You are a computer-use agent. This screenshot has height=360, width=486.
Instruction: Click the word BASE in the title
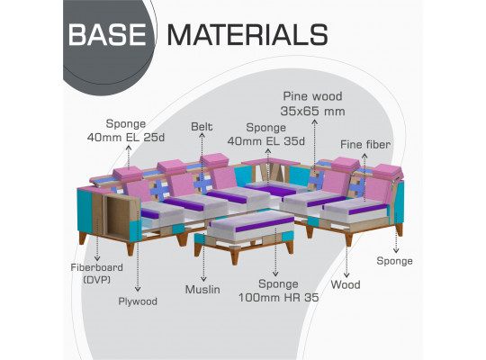[x=107, y=34]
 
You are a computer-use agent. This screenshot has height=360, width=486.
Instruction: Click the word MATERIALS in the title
[x=247, y=34]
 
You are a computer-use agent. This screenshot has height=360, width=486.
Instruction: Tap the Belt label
[x=202, y=127]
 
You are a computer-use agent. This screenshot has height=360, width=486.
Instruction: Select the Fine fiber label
[x=365, y=145]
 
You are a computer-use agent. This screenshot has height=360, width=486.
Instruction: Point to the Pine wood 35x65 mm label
[x=312, y=103]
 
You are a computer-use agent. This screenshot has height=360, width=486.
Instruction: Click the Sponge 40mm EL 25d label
[x=126, y=130]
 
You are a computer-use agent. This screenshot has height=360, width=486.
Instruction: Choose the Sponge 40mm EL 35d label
[x=265, y=134]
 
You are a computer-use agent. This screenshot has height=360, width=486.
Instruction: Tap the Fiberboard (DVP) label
[x=96, y=274]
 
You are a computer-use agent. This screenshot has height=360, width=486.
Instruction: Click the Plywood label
[x=138, y=301]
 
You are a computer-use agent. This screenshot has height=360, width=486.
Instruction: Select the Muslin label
[x=202, y=290]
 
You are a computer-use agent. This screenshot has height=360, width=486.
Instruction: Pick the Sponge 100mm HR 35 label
[x=278, y=291]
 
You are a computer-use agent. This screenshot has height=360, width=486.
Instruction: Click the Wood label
[x=346, y=284]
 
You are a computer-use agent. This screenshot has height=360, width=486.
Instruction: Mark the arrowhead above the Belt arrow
[x=202, y=135]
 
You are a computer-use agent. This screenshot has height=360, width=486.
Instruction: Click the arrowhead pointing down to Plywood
[x=138, y=289]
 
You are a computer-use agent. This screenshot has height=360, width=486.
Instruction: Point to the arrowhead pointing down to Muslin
[x=203, y=279]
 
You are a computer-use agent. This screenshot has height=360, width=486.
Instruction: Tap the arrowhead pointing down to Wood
[x=346, y=275]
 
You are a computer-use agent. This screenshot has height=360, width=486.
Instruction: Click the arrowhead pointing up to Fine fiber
[x=364, y=156]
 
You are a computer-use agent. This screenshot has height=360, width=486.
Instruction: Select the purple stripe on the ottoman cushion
[x=265, y=224]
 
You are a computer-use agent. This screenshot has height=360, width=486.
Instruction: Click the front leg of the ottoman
[x=235, y=257]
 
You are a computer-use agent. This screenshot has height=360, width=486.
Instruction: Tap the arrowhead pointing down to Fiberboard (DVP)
[x=97, y=258]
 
